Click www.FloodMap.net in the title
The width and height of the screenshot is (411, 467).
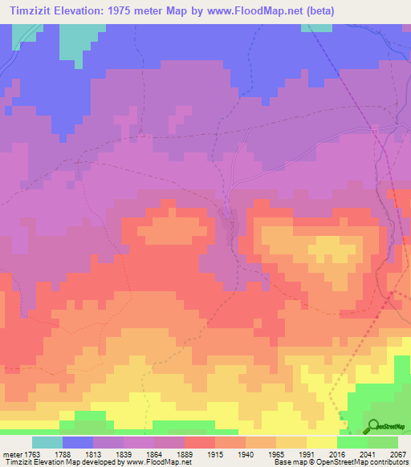250,10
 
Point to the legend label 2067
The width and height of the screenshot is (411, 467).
398,453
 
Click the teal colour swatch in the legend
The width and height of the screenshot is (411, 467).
47,442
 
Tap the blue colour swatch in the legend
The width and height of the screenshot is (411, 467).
78,442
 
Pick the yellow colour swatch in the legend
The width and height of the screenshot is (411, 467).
322,442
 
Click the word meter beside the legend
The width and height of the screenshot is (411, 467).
12,453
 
